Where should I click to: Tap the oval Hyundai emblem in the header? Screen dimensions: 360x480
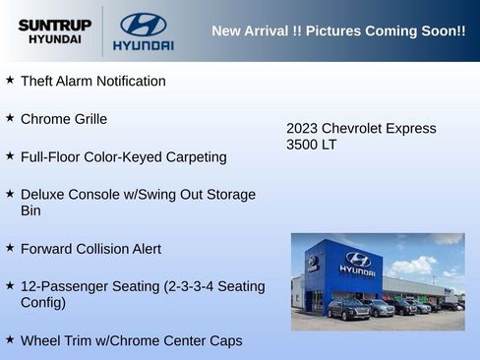tap(143, 24)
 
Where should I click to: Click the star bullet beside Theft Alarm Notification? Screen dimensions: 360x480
tap(10, 80)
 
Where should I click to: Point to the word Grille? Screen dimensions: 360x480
tap(87, 119)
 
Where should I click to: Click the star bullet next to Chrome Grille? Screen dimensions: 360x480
tap(10, 118)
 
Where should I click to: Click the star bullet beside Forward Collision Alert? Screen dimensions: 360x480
tap(10, 248)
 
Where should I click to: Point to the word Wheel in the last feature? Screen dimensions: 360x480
tap(41, 340)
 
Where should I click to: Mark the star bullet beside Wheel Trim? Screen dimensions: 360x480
tap(10, 339)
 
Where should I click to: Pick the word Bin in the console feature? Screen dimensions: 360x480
tap(31, 210)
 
